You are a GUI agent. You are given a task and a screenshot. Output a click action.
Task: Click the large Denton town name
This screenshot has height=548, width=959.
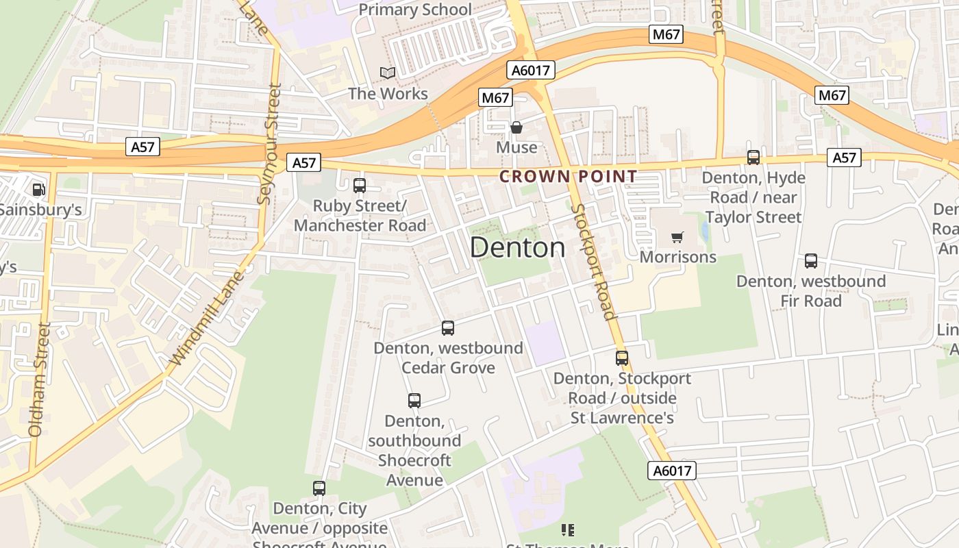[519, 248]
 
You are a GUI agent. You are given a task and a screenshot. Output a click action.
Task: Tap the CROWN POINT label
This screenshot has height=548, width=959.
[569, 177]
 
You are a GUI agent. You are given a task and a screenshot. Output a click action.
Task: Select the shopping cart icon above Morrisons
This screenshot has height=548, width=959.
[677, 238]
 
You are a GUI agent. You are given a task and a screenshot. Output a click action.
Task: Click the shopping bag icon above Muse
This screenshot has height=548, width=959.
[516, 127]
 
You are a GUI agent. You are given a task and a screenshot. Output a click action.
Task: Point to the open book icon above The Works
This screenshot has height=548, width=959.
[388, 73]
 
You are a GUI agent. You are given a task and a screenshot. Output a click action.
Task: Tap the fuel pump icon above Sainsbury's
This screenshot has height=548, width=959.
[38, 189]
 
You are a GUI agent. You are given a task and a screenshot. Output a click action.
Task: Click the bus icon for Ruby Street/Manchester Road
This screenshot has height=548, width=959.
[360, 186]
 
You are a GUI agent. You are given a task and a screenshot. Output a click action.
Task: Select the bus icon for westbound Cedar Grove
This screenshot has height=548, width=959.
[448, 328]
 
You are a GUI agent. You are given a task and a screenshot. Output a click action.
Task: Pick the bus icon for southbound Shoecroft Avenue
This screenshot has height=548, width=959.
[414, 401]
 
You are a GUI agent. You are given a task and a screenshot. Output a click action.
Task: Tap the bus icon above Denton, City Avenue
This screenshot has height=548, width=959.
[319, 488]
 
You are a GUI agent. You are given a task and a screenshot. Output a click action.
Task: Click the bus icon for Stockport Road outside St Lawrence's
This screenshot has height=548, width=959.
[622, 358]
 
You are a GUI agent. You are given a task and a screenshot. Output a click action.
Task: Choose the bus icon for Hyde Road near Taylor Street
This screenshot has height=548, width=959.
[754, 158]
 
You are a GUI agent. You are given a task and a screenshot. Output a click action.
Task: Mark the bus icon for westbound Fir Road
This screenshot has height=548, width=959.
[811, 261]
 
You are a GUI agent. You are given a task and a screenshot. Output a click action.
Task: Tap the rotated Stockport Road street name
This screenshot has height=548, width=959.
[593, 262]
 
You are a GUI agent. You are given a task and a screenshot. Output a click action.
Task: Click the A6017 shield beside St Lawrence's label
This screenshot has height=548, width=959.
[671, 471]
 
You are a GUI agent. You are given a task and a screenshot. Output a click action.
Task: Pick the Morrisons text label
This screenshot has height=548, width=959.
[678, 257]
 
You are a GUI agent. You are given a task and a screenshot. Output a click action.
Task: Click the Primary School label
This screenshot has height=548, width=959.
[415, 10]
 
